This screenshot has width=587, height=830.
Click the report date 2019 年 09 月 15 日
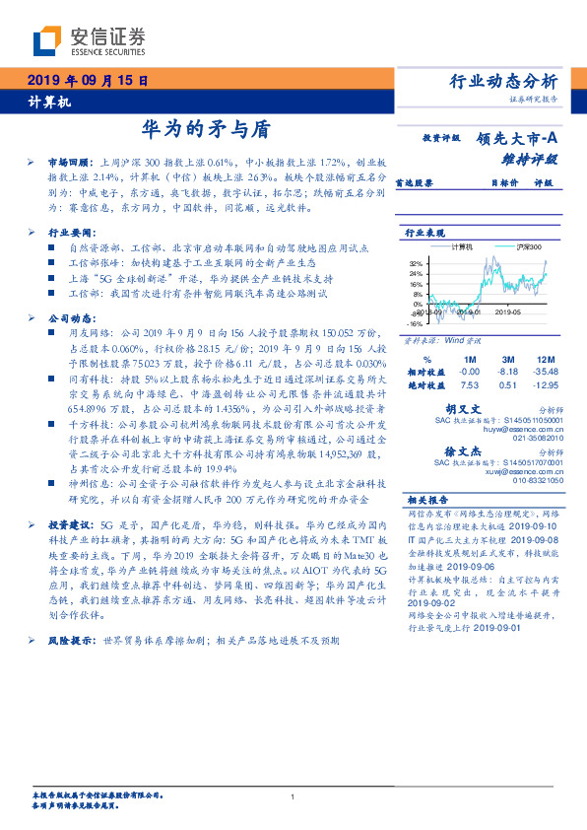coord(87,81)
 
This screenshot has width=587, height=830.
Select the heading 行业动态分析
coord(503,81)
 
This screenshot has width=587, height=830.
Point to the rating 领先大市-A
coord(517,139)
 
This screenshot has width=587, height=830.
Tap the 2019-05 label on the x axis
coord(510,311)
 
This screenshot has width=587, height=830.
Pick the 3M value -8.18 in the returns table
coord(508,371)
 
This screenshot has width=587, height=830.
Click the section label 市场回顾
coord(68,160)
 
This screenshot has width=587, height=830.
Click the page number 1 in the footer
coord(293,796)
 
